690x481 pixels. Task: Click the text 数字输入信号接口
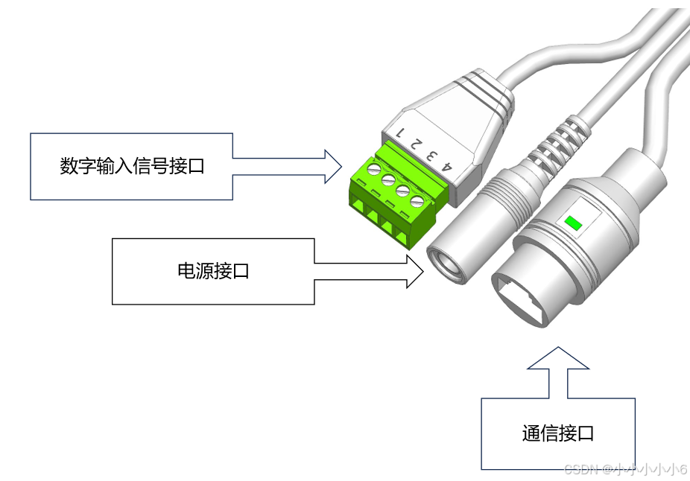132,166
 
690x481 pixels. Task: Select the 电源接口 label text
212,271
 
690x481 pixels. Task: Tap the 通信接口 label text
558,433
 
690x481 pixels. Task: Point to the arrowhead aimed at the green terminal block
332,165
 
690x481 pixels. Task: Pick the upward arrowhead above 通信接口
557,359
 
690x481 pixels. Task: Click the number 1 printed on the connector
400,134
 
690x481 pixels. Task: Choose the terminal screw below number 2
388,182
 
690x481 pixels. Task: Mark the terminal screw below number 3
403,191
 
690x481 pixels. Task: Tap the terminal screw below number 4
418,201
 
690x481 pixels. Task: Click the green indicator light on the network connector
573,222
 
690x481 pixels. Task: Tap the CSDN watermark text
624,469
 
